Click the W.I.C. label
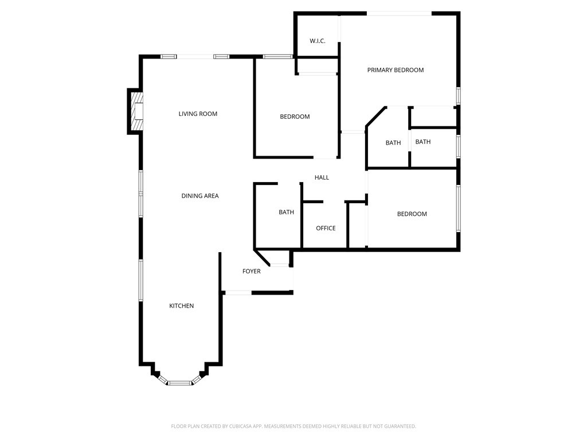318,41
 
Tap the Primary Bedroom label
396,70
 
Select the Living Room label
198,114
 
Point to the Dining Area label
200,196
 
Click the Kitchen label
181,306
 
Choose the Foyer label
252,271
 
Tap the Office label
326,228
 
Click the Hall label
322,177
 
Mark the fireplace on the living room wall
136,111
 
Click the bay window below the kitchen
179,382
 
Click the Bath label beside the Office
286,212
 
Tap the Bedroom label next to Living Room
295,117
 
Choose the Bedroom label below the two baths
412,214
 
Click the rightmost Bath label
423,142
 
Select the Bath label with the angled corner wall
393,143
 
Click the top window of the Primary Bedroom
399,14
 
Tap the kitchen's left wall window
140,280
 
